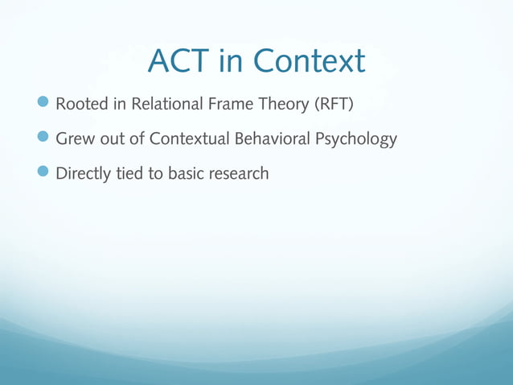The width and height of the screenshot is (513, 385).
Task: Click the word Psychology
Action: (x=355, y=139)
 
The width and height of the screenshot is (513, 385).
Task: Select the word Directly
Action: (x=84, y=173)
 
